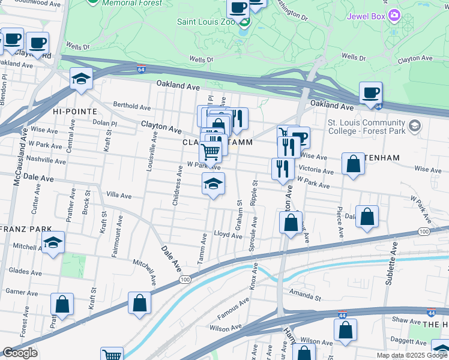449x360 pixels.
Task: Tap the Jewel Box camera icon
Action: point(394,14)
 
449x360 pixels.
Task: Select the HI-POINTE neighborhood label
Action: point(73,112)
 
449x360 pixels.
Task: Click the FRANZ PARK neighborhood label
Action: point(24,229)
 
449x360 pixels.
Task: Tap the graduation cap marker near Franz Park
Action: point(53,242)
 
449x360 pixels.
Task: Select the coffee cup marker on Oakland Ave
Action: point(370,93)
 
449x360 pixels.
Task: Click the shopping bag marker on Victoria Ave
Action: point(353,164)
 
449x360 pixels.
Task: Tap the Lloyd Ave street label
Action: point(228,235)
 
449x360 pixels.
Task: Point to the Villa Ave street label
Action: point(118,195)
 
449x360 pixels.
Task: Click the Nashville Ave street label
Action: point(46,160)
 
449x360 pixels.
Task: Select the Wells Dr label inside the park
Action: point(201,59)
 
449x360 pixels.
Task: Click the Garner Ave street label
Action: point(22,292)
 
